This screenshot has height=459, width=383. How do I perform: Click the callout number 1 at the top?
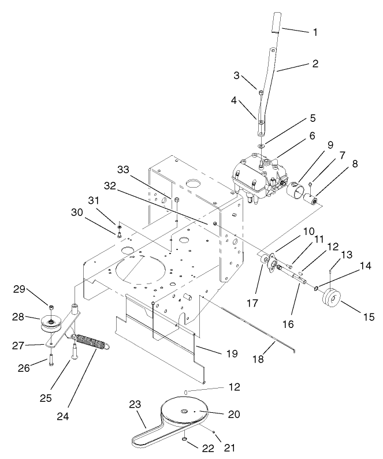(315, 32)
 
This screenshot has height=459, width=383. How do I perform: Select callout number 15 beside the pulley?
(367, 316)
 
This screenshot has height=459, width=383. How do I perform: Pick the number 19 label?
(231, 353)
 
